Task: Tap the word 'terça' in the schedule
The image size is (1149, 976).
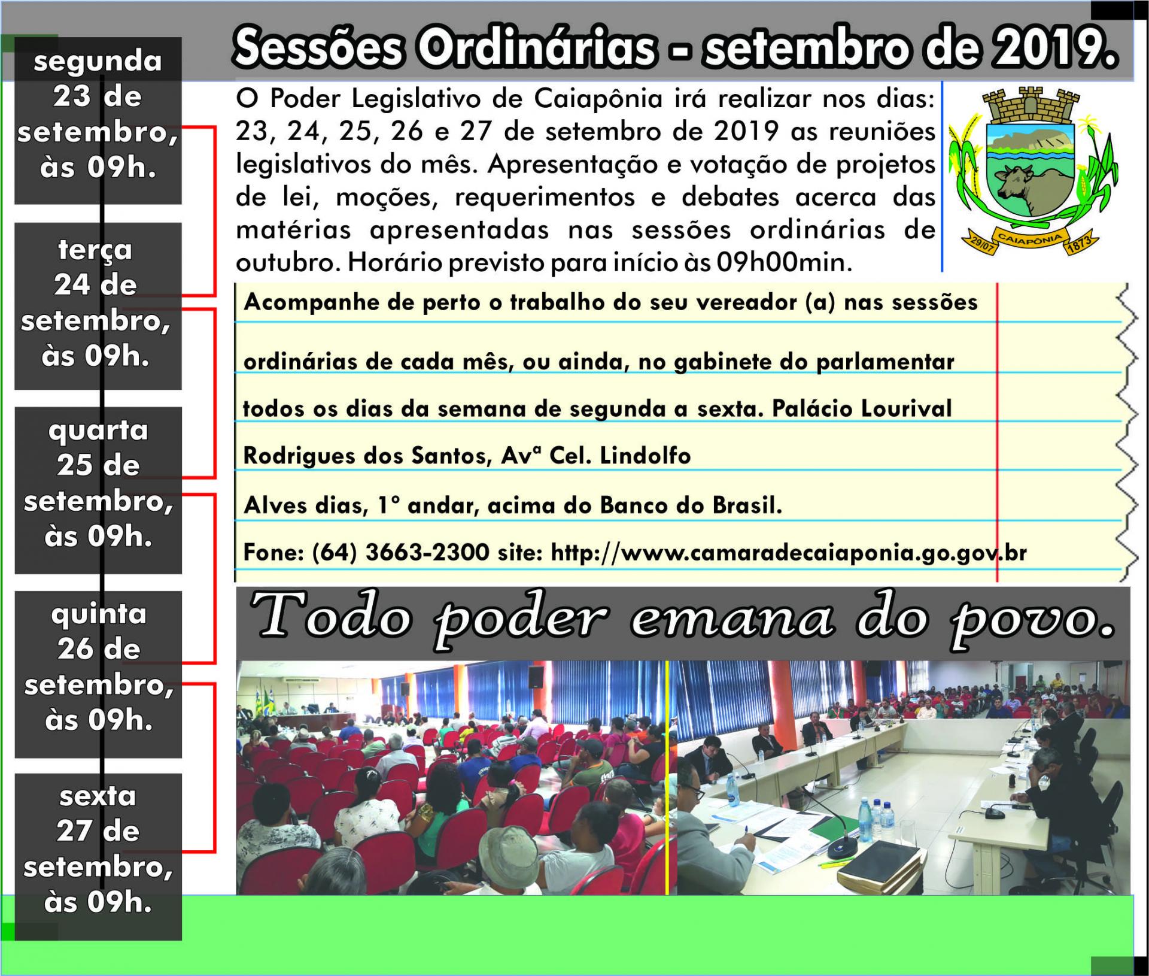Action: tap(95, 250)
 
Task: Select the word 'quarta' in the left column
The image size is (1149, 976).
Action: tap(98, 431)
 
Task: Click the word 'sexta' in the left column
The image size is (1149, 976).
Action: tap(98, 796)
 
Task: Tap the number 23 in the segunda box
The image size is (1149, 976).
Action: tap(72, 97)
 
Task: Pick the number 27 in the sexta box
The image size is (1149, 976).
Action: tap(75, 831)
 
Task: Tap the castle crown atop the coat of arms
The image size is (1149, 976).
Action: tap(1031, 105)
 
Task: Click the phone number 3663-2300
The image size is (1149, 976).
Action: tap(427, 552)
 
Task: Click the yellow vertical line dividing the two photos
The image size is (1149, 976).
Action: tap(667, 778)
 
